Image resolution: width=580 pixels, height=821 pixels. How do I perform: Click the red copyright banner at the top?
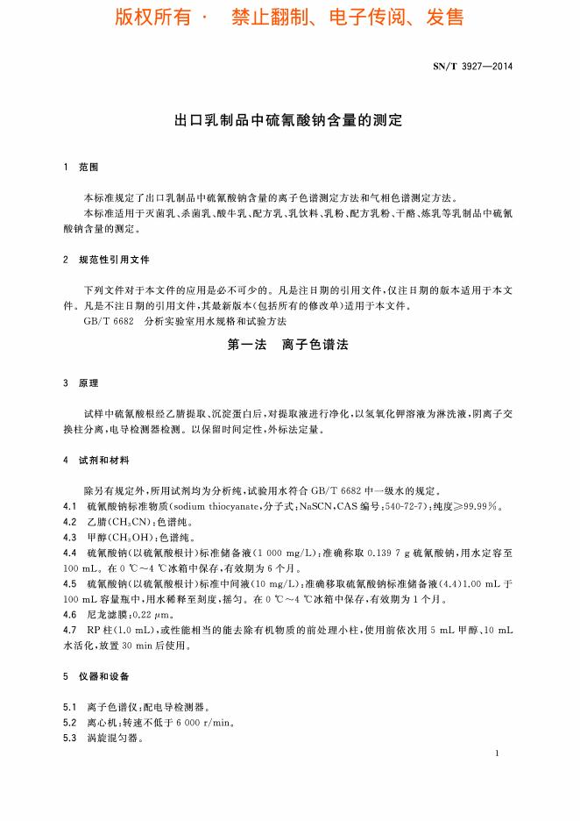289,18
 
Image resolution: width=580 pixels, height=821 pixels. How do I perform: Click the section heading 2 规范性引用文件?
106,260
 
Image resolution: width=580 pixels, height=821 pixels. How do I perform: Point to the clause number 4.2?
71,522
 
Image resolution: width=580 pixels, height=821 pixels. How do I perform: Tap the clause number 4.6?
71,616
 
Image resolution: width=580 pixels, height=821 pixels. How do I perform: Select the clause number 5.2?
71,722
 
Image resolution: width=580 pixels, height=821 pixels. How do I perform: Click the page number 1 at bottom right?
497,753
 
